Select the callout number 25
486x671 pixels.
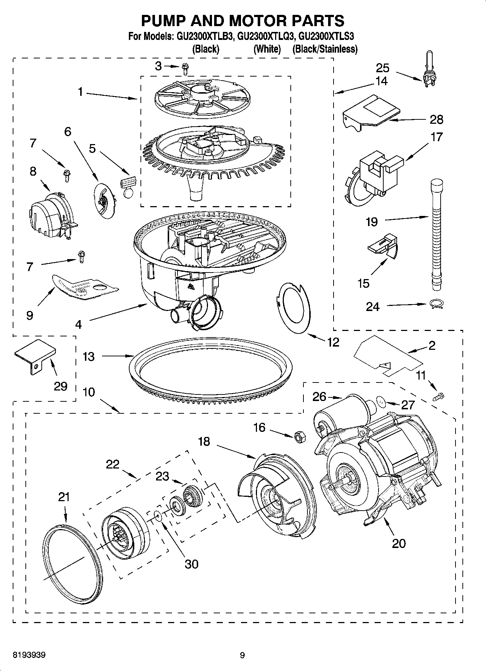[382, 68]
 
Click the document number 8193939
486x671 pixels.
[29, 655]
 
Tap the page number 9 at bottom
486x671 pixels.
[242, 655]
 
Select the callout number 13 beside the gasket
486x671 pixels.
[88, 356]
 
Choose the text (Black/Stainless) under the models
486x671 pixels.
[325, 49]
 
